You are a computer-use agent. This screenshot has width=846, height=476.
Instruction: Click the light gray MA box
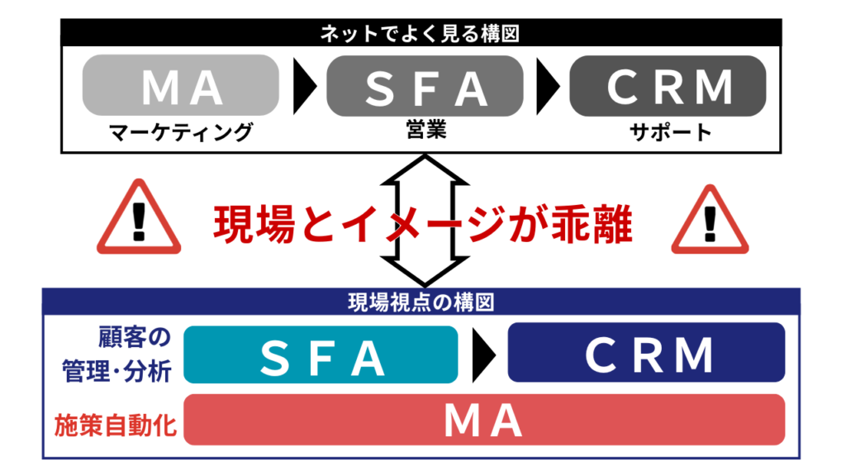pyautogui.click(x=181, y=85)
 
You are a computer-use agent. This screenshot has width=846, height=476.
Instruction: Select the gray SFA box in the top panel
pyautogui.click(x=425, y=85)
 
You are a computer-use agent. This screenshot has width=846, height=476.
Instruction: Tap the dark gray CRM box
pyautogui.click(x=668, y=85)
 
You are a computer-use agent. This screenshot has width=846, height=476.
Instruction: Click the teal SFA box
pyautogui.click(x=321, y=355)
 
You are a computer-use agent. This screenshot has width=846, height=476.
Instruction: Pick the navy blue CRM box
pyautogui.click(x=646, y=355)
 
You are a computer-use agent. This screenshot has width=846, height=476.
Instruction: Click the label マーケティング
pyautogui.click(x=181, y=131)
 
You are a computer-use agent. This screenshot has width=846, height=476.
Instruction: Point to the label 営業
pyautogui.click(x=425, y=130)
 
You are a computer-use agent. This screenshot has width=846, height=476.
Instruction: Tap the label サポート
pyautogui.click(x=668, y=131)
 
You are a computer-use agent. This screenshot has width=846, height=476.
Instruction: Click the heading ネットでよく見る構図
pyautogui.click(x=423, y=35)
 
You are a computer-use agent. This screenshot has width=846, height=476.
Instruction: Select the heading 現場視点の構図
pyautogui.click(x=421, y=302)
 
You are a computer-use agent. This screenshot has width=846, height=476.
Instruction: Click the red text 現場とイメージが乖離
pyautogui.click(x=423, y=222)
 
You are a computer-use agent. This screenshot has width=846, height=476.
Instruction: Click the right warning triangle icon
pyautogui.click(x=709, y=221)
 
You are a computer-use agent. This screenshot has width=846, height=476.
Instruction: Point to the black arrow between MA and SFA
pyautogui.click(x=305, y=85)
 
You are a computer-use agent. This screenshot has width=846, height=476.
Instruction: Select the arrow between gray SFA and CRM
pyautogui.click(x=546, y=85)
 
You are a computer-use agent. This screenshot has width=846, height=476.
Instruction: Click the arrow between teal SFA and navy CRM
pyautogui.click(x=482, y=355)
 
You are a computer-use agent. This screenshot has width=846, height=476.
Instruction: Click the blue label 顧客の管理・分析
pyautogui.click(x=116, y=355)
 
